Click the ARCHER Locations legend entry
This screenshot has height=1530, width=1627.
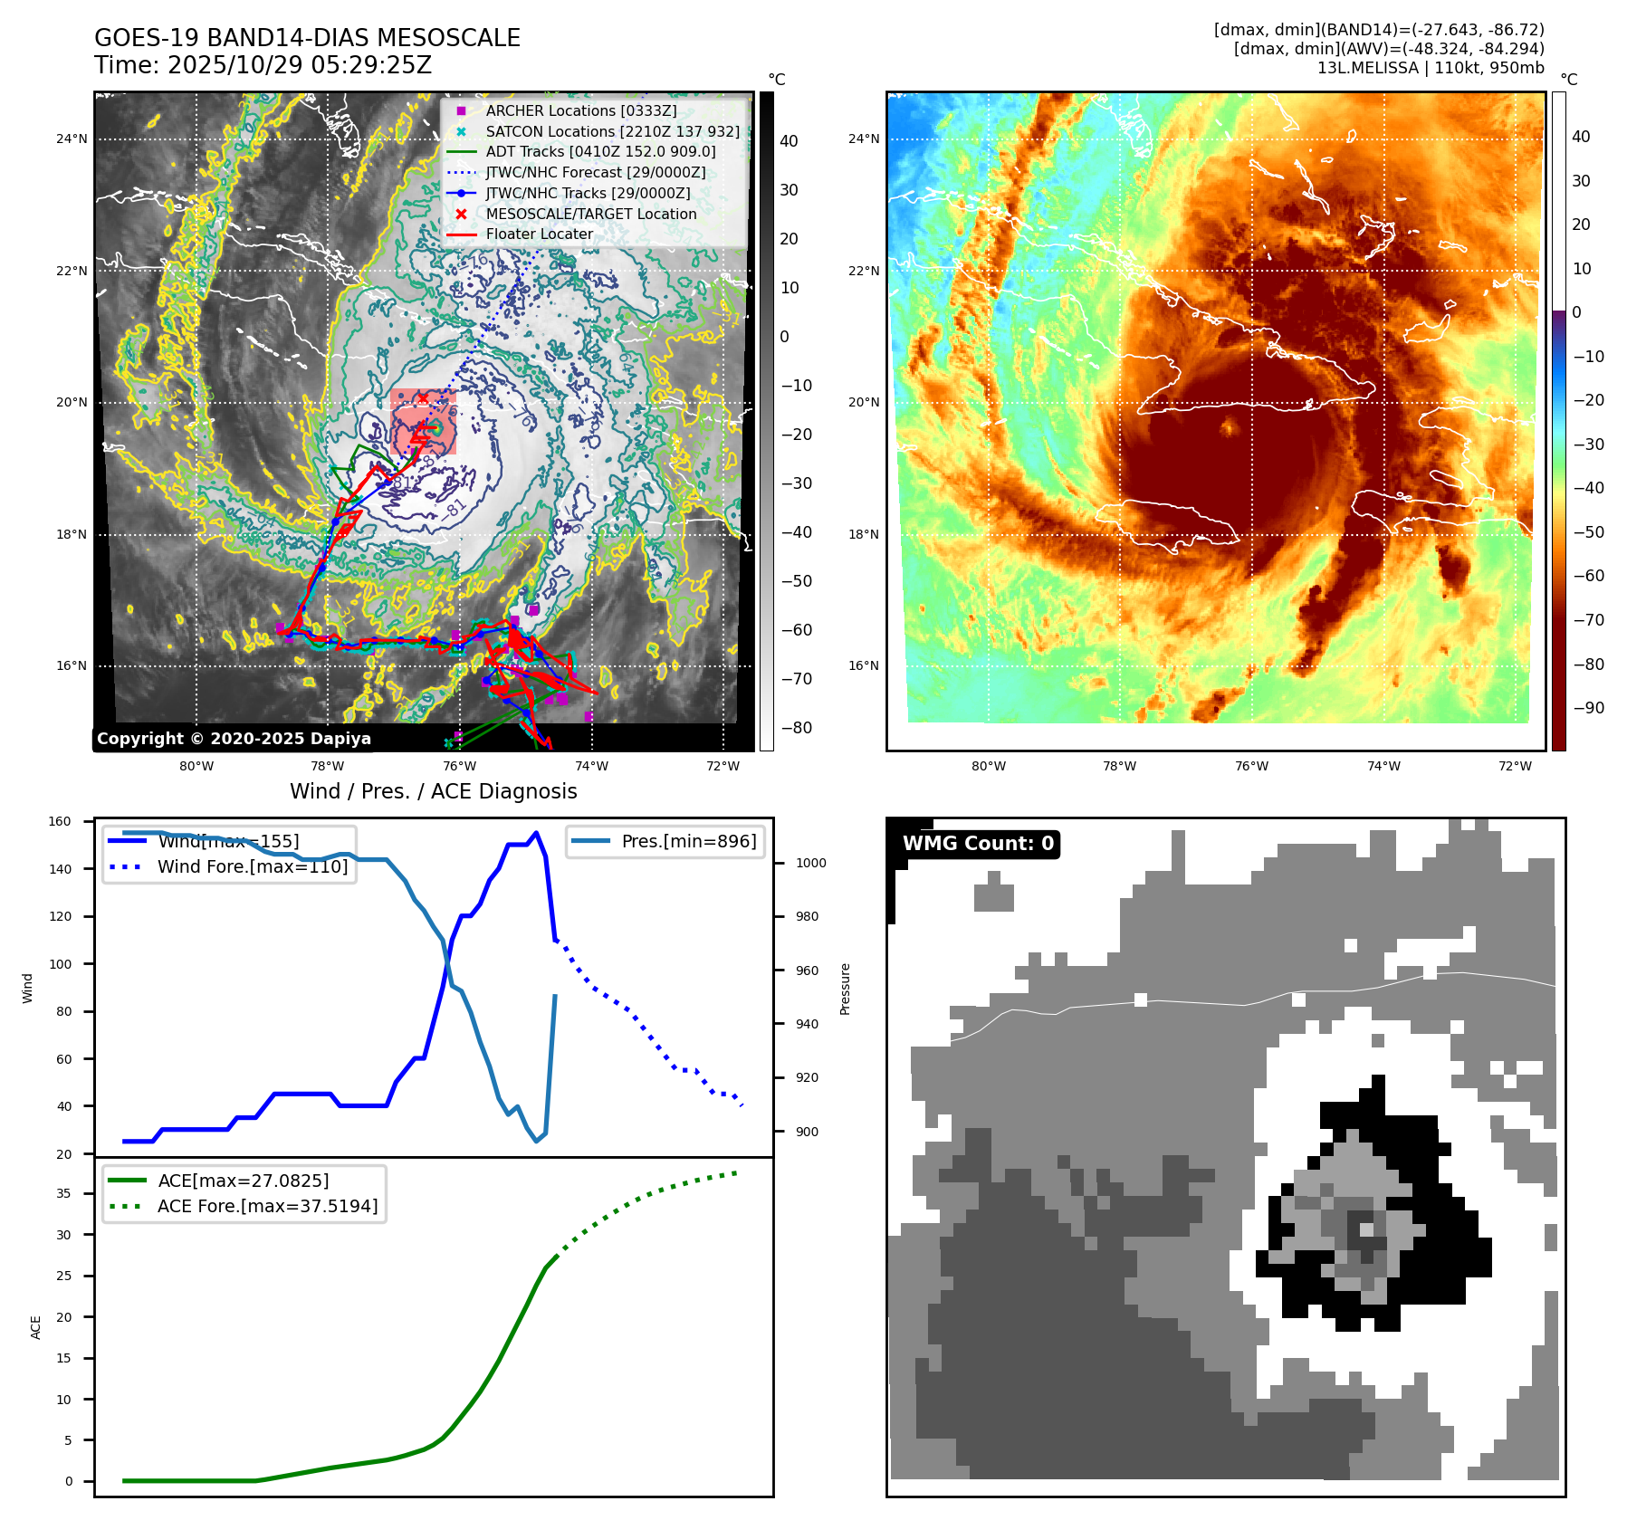click(x=580, y=110)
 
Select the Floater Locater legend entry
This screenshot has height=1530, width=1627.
click(x=539, y=234)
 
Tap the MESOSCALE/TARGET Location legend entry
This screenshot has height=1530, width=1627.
click(x=590, y=214)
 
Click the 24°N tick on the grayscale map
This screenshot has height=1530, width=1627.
click(x=72, y=139)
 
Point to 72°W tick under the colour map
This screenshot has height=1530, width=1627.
click(x=1515, y=766)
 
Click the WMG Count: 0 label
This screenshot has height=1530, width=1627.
click(x=978, y=844)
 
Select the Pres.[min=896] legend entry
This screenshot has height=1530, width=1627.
click(x=688, y=841)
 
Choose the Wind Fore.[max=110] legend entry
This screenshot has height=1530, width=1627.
click(x=252, y=866)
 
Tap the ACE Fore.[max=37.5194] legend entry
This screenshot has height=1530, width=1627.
click(x=267, y=1206)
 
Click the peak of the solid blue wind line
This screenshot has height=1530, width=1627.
click(x=536, y=833)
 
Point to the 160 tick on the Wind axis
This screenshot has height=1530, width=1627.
click(x=60, y=821)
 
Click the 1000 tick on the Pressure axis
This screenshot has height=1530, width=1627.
click(x=810, y=863)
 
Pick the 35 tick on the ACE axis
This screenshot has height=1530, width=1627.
click(x=63, y=1193)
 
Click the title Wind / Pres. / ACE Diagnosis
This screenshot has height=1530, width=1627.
click(x=433, y=791)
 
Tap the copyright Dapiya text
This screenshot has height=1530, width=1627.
click(x=234, y=739)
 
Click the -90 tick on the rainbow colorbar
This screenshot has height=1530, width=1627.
click(x=1588, y=708)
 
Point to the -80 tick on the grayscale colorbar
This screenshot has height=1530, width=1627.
click(x=797, y=728)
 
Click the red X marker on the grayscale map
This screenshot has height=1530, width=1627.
click(x=422, y=397)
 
